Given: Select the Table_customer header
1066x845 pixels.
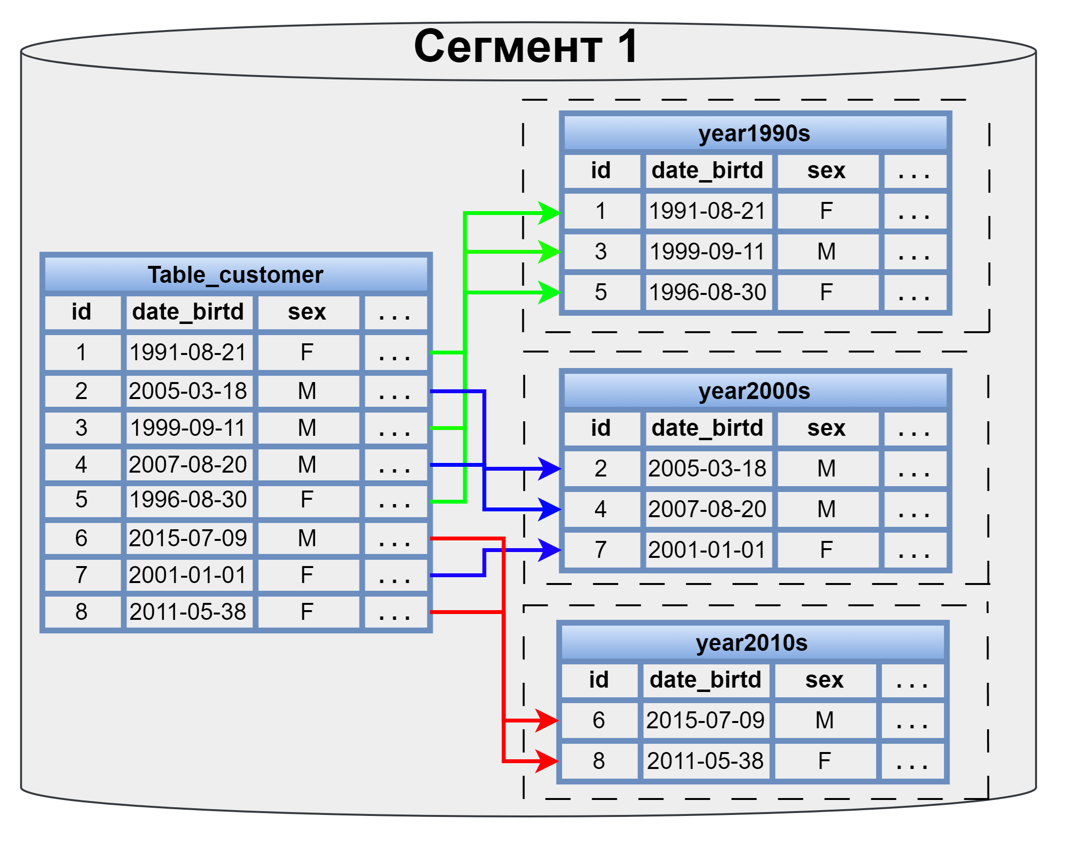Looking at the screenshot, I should (236, 275).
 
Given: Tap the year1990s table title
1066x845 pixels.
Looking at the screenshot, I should (755, 134).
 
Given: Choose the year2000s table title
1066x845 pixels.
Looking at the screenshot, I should (755, 391).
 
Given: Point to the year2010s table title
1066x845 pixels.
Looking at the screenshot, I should (752, 644).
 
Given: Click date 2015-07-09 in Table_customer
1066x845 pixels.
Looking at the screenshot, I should (188, 538).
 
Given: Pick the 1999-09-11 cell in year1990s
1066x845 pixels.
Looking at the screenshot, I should (708, 251).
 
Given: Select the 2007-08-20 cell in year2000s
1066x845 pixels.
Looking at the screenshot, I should (708, 509).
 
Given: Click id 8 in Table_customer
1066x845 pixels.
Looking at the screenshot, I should (81, 612).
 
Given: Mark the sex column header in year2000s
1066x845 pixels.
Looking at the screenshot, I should (827, 428).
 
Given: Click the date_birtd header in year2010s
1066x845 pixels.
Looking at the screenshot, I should (706, 680).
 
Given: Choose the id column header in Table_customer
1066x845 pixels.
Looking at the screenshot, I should (81, 312).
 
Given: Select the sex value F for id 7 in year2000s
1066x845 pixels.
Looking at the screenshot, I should (827, 550).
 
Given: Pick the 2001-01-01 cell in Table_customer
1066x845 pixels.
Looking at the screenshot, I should (188, 575).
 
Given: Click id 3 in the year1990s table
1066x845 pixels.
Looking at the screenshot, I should (601, 251).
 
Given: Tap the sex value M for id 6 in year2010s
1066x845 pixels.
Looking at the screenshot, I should (825, 721).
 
